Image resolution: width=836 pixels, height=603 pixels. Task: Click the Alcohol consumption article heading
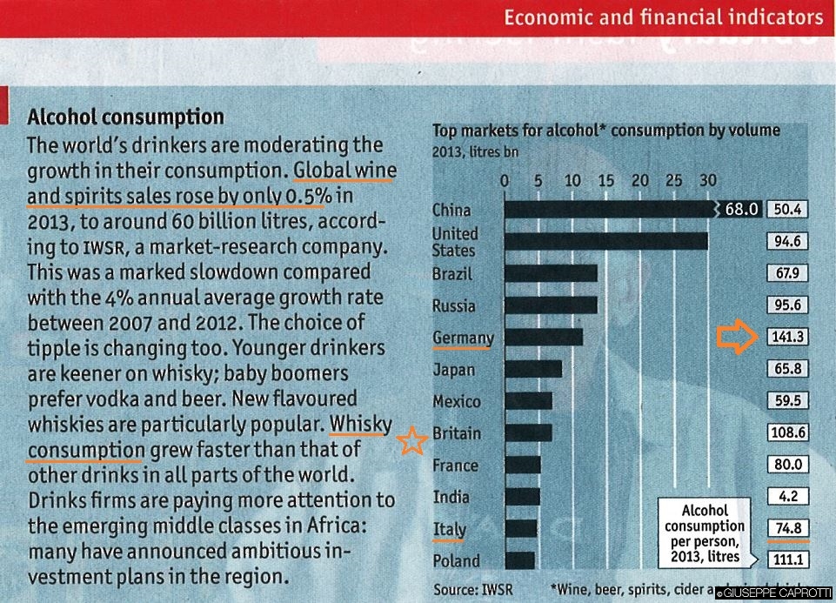point(126,117)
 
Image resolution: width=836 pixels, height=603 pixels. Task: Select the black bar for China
point(609,210)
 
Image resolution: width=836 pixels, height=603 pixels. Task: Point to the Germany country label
point(463,338)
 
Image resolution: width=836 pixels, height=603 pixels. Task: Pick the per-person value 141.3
point(787,338)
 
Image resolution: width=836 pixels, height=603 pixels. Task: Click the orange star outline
point(411,441)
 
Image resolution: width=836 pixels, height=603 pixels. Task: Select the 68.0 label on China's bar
point(744,210)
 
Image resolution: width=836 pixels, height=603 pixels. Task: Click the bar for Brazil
point(551,273)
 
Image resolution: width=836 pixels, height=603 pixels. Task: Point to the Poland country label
point(456,561)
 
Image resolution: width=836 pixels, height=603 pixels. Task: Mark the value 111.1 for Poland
point(787,560)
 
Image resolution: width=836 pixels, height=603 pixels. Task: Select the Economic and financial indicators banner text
point(663,17)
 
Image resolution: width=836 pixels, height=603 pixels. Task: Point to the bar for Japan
point(533,369)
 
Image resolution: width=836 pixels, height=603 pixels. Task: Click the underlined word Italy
point(450,529)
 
